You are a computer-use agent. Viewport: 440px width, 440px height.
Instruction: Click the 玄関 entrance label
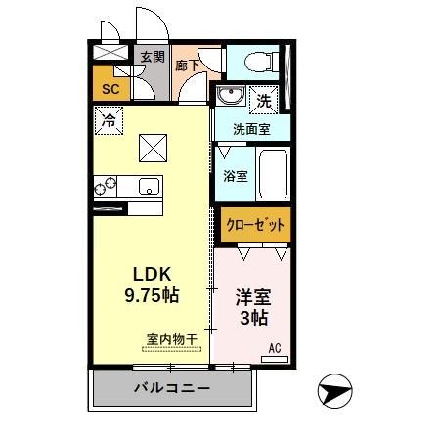152,56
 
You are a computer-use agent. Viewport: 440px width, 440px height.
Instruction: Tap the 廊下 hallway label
187,66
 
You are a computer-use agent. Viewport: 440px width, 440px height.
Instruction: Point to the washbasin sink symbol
231,96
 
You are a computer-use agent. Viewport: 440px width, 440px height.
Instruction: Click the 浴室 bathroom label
235,176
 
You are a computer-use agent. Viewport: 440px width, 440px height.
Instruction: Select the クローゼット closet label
255,225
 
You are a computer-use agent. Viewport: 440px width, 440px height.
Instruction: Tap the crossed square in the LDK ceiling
152,148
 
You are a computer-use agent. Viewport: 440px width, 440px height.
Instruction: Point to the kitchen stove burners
106,185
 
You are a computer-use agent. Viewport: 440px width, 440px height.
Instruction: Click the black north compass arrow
333,392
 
